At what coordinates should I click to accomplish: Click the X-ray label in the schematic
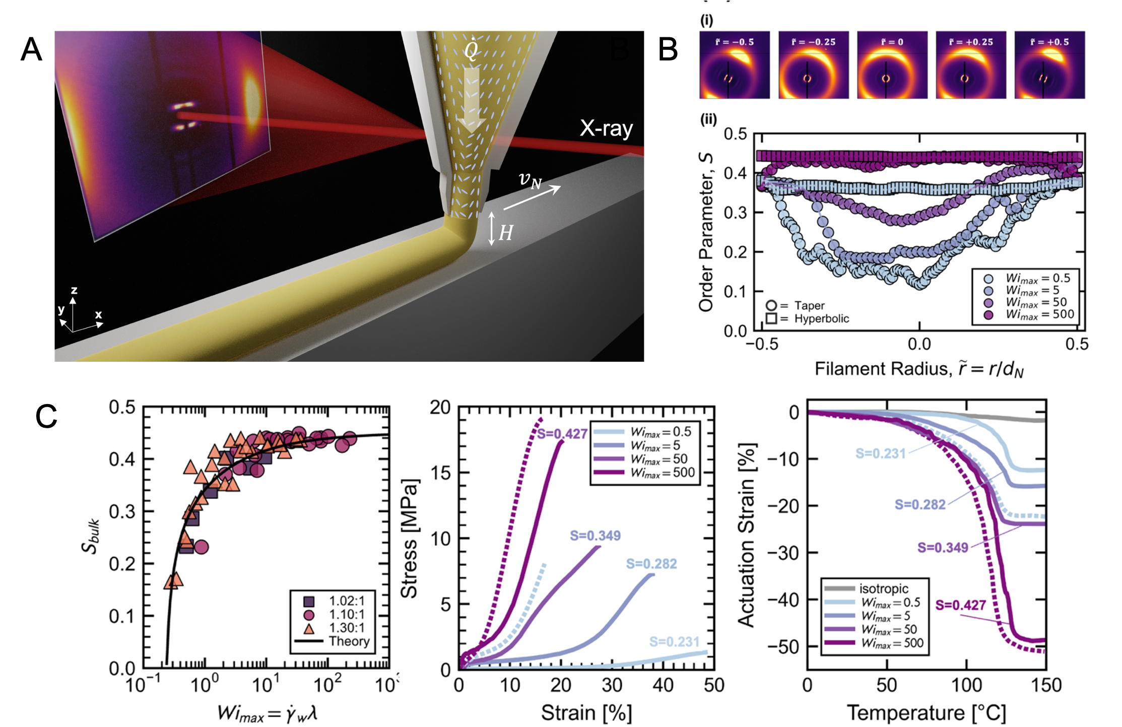606,128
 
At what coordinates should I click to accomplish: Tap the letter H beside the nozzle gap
505,233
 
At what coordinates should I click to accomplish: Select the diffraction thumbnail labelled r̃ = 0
892,64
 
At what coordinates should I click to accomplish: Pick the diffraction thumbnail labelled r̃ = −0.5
734,64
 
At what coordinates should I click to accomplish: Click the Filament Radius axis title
919,369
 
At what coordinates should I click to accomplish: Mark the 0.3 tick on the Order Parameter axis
735,213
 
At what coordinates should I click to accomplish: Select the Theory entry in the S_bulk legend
333,641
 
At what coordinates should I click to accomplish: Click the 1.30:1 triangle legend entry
333,628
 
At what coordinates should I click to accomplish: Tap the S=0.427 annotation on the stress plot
562,434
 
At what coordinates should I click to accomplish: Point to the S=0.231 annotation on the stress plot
674,641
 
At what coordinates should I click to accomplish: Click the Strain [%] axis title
586,712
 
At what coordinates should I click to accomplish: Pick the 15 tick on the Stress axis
440,473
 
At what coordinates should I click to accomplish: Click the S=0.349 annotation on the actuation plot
943,548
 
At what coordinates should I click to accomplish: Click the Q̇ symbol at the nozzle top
471,49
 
